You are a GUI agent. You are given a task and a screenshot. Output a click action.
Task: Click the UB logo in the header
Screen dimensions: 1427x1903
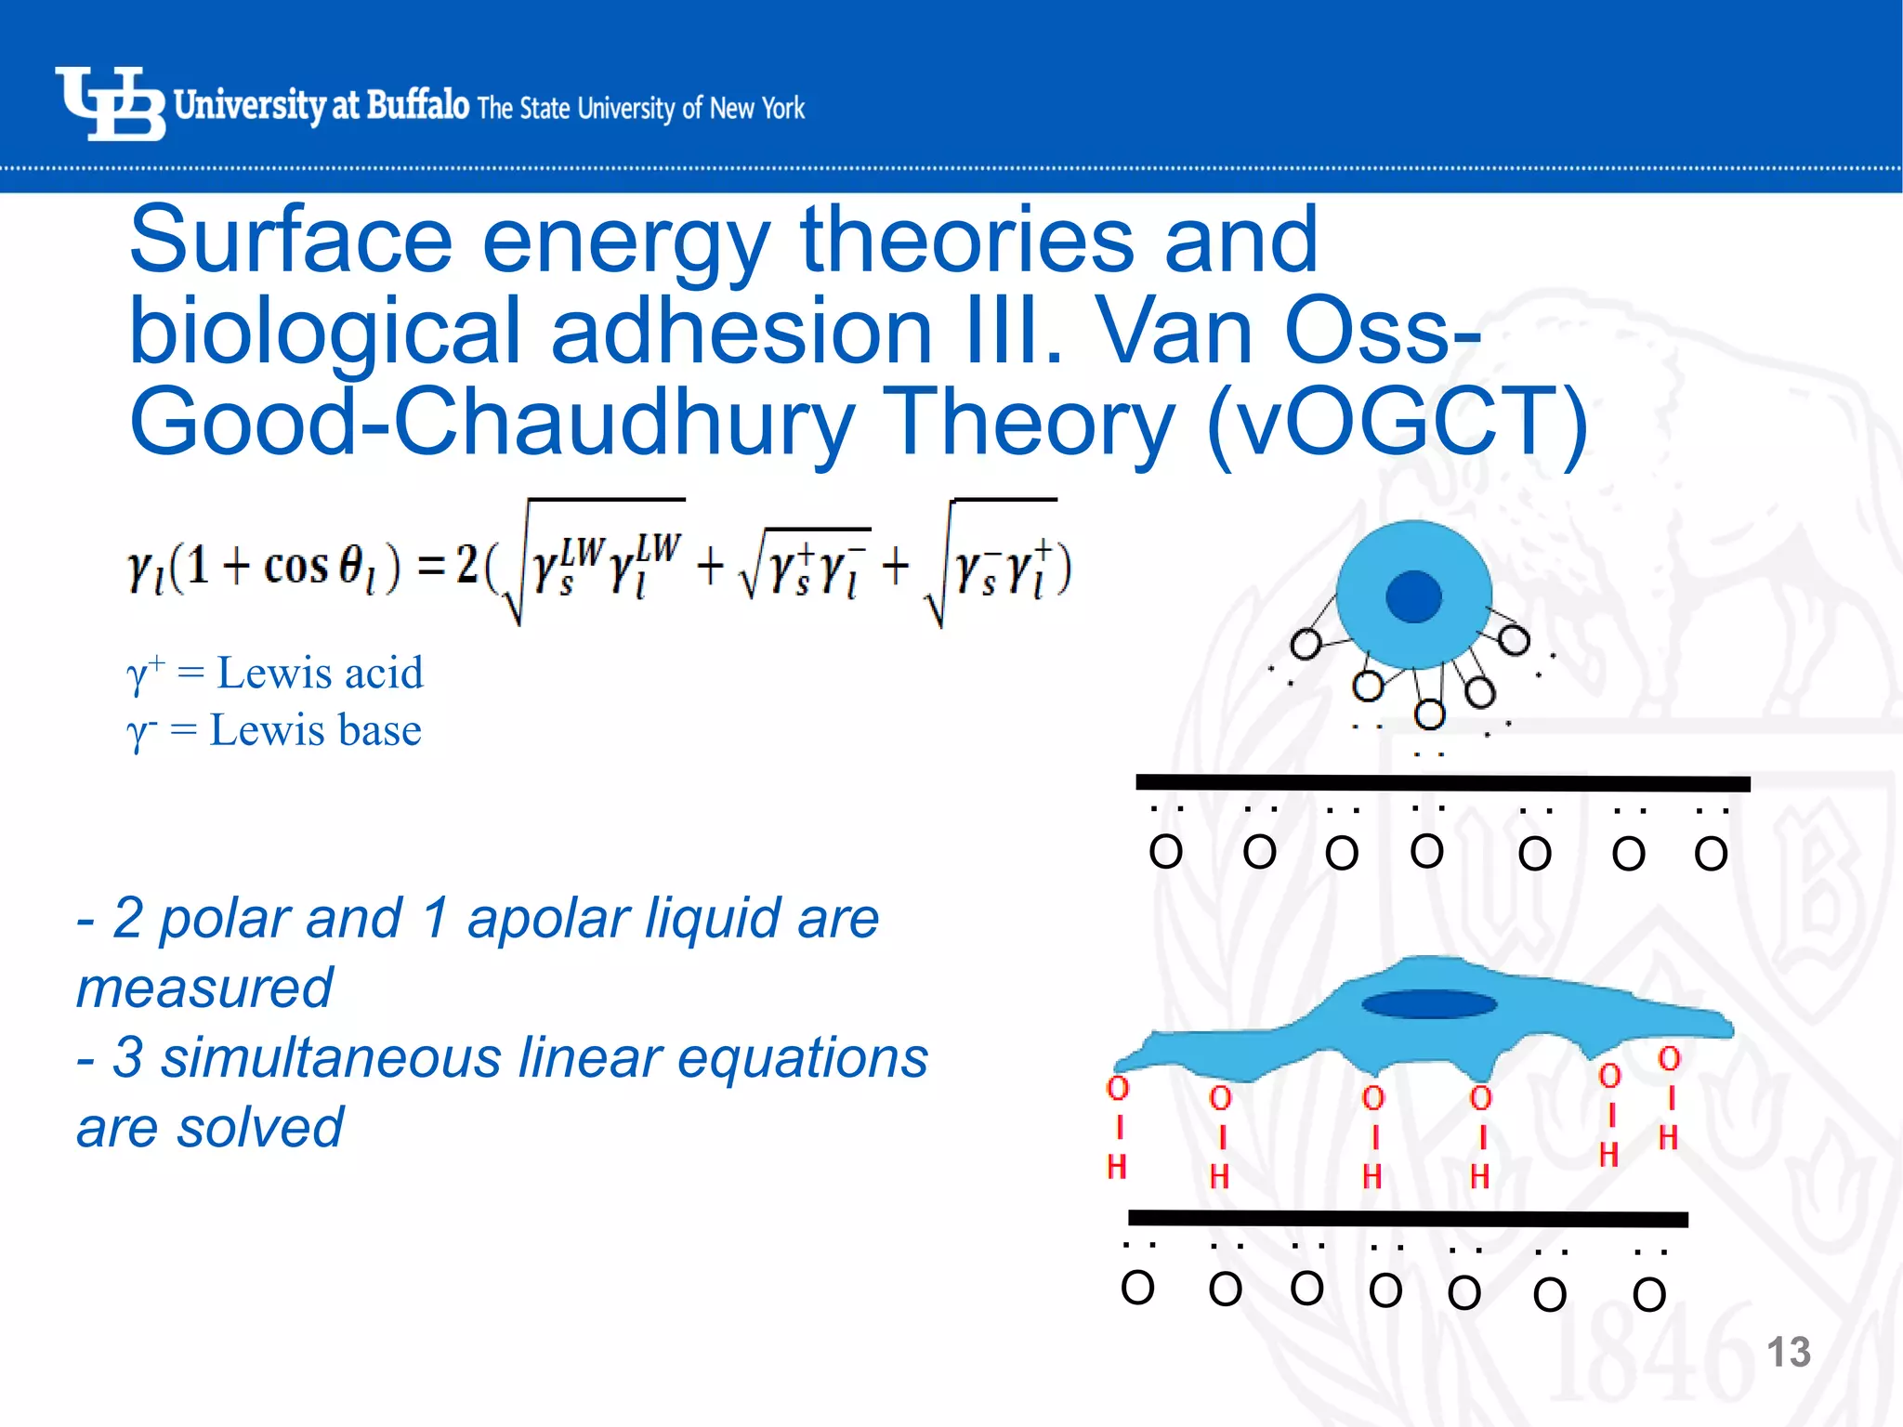click(x=110, y=104)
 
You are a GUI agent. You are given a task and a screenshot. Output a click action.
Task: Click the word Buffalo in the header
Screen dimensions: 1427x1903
click(x=418, y=104)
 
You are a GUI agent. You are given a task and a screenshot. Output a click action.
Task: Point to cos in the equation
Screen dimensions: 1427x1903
click(x=295, y=566)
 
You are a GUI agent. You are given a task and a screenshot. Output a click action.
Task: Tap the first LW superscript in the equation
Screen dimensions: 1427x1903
click(x=583, y=550)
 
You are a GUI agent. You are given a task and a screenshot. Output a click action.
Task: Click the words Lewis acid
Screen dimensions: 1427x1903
click(x=320, y=673)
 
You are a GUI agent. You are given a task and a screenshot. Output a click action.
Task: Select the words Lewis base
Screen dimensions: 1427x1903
click(x=315, y=730)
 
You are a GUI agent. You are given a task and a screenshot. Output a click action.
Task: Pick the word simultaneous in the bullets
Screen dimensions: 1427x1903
click(x=331, y=1058)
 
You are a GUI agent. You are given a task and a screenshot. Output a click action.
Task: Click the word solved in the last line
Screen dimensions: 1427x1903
click(x=259, y=1128)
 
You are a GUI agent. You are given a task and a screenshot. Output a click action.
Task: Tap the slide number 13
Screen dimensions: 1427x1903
click(x=1787, y=1353)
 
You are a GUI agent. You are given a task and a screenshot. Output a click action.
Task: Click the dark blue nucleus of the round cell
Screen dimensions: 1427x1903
click(x=1413, y=596)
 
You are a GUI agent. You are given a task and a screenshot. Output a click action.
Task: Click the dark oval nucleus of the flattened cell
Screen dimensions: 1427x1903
click(x=1429, y=1004)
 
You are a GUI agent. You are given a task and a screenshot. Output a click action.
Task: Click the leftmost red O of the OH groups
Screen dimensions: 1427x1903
click(x=1118, y=1089)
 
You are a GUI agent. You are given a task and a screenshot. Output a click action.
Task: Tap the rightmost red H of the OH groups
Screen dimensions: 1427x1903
click(x=1669, y=1138)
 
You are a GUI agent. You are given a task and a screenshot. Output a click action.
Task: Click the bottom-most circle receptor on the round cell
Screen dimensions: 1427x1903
click(x=1429, y=714)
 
